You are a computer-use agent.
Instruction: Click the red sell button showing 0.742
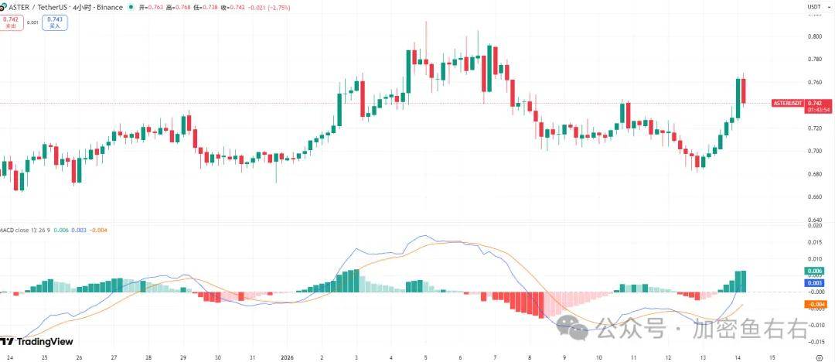11,22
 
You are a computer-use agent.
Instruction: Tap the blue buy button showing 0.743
55,22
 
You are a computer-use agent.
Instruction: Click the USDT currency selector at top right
814,7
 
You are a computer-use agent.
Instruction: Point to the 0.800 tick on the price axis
814,36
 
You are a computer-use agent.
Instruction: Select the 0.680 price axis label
814,174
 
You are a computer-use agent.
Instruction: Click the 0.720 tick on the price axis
814,128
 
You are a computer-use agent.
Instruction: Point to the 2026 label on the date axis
285,358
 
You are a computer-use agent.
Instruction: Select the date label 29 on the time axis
183,358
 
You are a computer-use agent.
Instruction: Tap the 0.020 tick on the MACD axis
814,225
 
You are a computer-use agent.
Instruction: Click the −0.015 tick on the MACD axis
814,341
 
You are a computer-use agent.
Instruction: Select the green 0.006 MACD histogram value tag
814,271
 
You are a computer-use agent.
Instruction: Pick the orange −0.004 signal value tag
814,305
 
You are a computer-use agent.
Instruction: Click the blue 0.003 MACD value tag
814,284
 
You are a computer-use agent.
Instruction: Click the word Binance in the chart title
111,7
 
